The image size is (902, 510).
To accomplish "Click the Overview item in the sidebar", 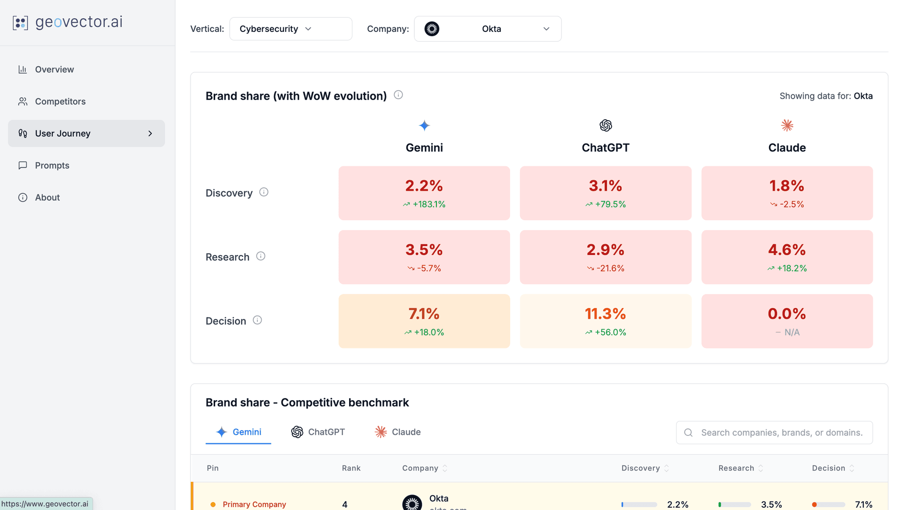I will tap(54, 70).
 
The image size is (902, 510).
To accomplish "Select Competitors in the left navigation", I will tap(60, 101).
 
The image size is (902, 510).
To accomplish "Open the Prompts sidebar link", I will tap(52, 165).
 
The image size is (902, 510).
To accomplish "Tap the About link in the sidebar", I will tap(47, 197).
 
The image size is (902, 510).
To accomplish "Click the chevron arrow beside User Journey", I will tap(150, 133).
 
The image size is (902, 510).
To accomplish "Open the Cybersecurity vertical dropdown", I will tap(290, 29).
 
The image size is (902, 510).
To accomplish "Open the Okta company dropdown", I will tap(487, 29).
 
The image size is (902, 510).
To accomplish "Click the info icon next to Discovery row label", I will tap(264, 192).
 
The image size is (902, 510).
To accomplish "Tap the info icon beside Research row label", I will tap(261, 256).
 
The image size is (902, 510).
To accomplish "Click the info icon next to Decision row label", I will tap(257, 320).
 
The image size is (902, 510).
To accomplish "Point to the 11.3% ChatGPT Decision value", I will tap(605, 314).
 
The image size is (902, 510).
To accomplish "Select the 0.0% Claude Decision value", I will tap(787, 314).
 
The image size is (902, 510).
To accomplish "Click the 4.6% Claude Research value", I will tap(787, 250).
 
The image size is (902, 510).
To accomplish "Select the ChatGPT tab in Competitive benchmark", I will tap(318, 432).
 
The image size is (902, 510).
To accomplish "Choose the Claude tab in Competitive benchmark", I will tap(397, 432).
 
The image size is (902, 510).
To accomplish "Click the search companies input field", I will tap(781, 433).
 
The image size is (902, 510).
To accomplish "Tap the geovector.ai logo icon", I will tap(20, 23).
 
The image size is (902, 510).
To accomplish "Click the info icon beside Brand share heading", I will tap(398, 95).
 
